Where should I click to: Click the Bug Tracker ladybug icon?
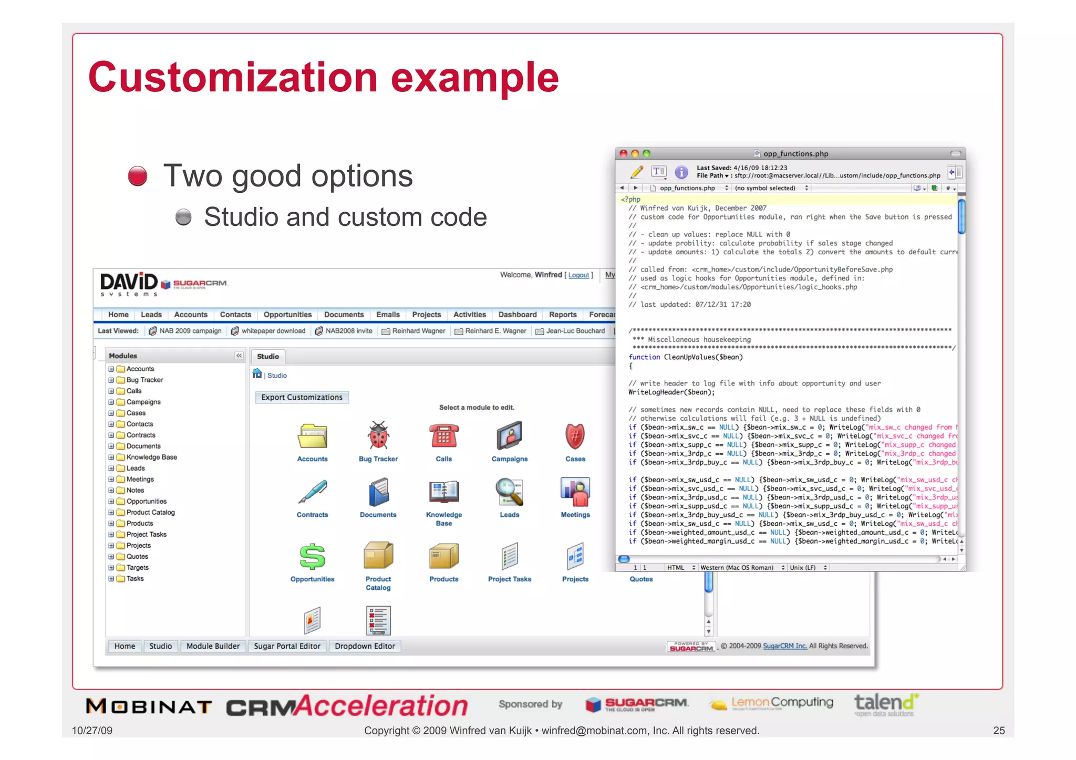(378, 436)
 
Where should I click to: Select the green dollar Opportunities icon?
(312, 556)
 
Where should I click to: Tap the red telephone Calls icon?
(443, 436)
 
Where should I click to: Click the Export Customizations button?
(302, 398)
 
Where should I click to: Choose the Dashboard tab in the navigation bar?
(517, 315)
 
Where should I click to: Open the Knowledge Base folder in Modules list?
(151, 457)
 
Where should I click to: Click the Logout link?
(578, 275)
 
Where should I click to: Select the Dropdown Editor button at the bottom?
(365, 647)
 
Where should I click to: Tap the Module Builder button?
(213, 647)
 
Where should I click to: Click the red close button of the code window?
(624, 153)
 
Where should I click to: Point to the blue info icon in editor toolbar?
(681, 172)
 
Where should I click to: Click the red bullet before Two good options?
(138, 176)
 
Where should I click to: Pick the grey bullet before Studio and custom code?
(183, 217)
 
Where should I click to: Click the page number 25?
(999, 731)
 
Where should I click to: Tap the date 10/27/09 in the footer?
(92, 731)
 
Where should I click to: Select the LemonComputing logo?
(771, 703)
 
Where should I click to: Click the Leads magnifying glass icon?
(509, 492)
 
